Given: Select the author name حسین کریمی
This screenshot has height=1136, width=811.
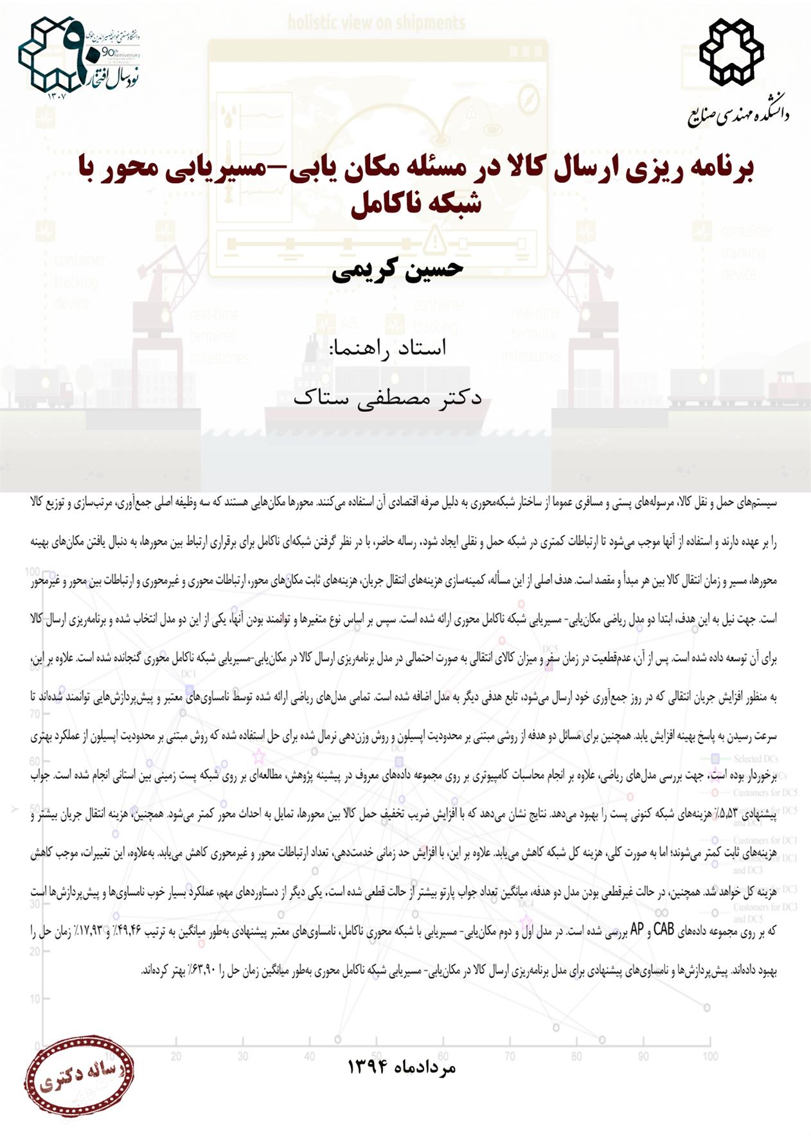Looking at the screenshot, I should pyautogui.click(x=398, y=269).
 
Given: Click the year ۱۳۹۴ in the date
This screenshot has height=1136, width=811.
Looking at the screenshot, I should pyautogui.click(x=366, y=1067).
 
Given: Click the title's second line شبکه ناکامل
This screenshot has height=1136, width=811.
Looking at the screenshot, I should pyautogui.click(x=416, y=204).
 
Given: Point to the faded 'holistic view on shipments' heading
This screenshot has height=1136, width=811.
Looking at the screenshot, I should pyautogui.click(x=376, y=24).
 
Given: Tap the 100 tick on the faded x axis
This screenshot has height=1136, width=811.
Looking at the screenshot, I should pyautogui.click(x=709, y=1056).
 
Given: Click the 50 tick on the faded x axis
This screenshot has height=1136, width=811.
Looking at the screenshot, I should pyautogui.click(x=376, y=1056).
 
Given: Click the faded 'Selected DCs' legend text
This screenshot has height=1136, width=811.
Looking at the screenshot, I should pyautogui.click(x=756, y=759).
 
